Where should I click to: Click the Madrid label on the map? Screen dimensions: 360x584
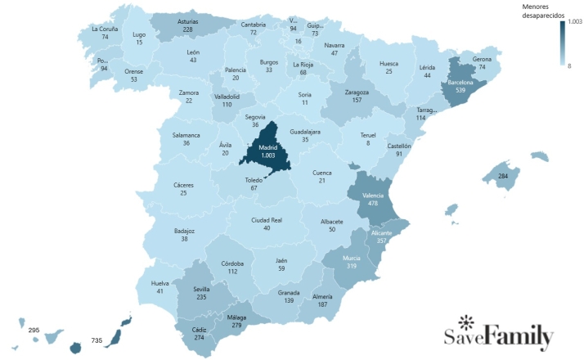269,146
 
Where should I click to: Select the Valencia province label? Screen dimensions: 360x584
373,196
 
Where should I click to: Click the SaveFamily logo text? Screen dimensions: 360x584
499,337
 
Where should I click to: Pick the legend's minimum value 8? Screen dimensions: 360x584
570,65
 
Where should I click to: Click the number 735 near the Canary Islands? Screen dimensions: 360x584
97,340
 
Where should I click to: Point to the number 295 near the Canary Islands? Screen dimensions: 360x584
34,330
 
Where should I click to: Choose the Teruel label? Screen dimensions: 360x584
368,134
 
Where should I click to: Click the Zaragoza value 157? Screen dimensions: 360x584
357,101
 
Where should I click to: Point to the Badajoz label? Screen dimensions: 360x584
185,231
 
